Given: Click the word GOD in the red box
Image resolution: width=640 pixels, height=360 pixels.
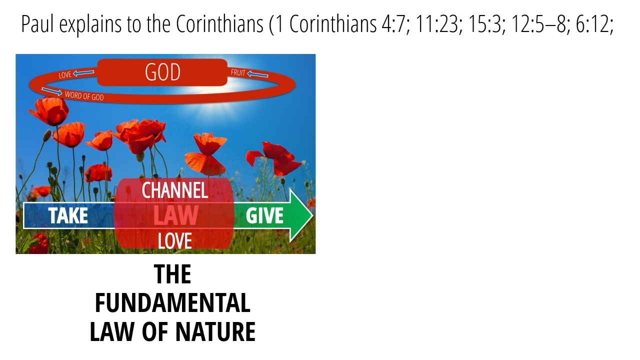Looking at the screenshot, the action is [162, 72].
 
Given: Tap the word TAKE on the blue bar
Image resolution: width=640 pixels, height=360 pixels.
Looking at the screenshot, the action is [68, 215].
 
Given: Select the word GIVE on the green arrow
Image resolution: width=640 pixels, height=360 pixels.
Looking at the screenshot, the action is [264, 215].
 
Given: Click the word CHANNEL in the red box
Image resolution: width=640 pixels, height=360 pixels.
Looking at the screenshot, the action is [175, 190].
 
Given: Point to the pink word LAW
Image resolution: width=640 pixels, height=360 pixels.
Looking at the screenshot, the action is [175, 215].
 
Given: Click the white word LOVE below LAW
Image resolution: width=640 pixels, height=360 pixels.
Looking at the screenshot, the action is [175, 241].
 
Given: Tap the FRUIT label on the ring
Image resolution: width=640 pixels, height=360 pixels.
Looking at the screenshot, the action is [238, 72].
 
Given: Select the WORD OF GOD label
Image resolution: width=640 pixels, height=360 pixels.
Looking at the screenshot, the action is [84, 96].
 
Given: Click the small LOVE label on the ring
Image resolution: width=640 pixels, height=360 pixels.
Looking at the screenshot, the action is [65, 75].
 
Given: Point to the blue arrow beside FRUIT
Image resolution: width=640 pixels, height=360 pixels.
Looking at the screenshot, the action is [257, 74].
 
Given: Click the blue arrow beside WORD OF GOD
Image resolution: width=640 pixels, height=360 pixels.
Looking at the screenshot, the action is [51, 91].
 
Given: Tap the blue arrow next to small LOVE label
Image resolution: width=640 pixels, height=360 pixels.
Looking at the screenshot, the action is [83, 73].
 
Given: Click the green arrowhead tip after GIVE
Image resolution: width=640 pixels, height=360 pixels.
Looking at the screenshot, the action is [313, 215].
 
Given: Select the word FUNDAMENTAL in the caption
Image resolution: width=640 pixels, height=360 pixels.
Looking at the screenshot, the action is [173, 303].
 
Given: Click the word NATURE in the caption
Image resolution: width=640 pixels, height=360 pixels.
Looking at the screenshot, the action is [215, 331].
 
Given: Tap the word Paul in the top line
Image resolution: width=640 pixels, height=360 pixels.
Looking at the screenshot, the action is [37, 24].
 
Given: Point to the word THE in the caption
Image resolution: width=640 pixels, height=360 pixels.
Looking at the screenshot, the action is [172, 274].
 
